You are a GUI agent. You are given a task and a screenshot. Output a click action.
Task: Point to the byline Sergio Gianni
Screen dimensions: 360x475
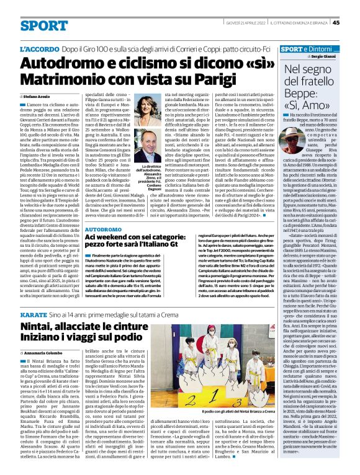328,56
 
